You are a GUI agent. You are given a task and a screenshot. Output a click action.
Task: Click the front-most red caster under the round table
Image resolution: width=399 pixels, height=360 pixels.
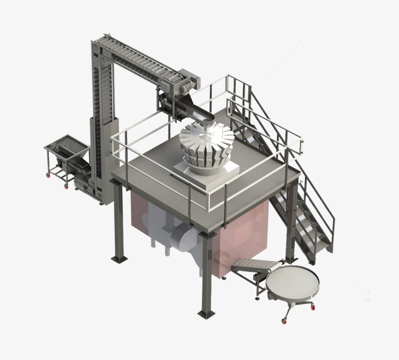283,321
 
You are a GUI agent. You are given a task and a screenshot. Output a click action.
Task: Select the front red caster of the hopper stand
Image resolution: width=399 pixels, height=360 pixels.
66,186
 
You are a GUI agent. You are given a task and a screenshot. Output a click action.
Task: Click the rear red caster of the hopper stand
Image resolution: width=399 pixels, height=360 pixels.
48,174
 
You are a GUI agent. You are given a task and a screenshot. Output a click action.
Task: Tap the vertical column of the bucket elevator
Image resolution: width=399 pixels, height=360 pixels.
99,122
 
